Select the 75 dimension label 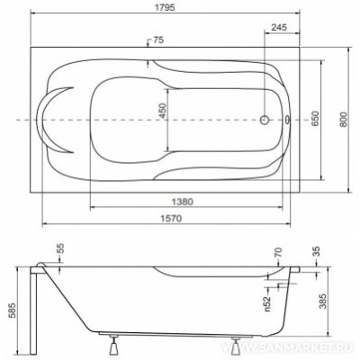[x=158, y=40]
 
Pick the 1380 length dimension [x=183, y=202]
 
